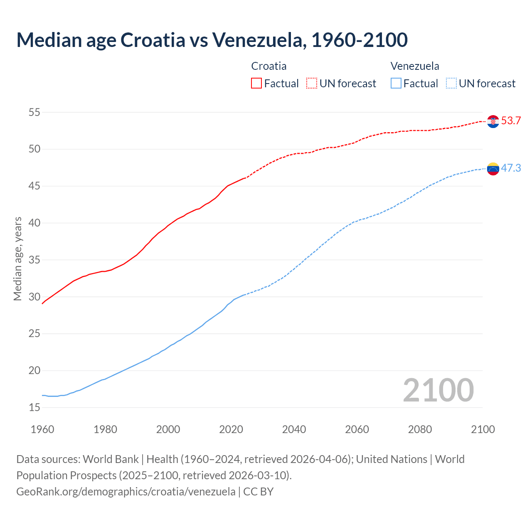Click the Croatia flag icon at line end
pos(493,121)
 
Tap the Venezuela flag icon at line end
pos(493,169)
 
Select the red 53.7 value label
pos(511,121)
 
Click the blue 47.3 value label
pos(511,168)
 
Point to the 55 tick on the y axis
pos(34,112)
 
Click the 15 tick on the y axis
pos(34,408)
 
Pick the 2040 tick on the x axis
pos(294,429)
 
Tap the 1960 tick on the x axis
pos(42,429)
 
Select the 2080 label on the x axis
pos(420,429)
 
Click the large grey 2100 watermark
pos(438,390)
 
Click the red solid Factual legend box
pos(256,84)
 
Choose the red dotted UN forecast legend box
pos(312,84)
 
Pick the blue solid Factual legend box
pos(396,84)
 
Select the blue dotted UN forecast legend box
pos(451,84)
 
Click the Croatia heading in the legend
pos(269,66)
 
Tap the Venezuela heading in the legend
pos(415,66)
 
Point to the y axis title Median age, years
pos(17,259)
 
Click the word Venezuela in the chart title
pos(259,40)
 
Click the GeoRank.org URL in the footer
pos(126,492)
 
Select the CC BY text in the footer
pos(258,492)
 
